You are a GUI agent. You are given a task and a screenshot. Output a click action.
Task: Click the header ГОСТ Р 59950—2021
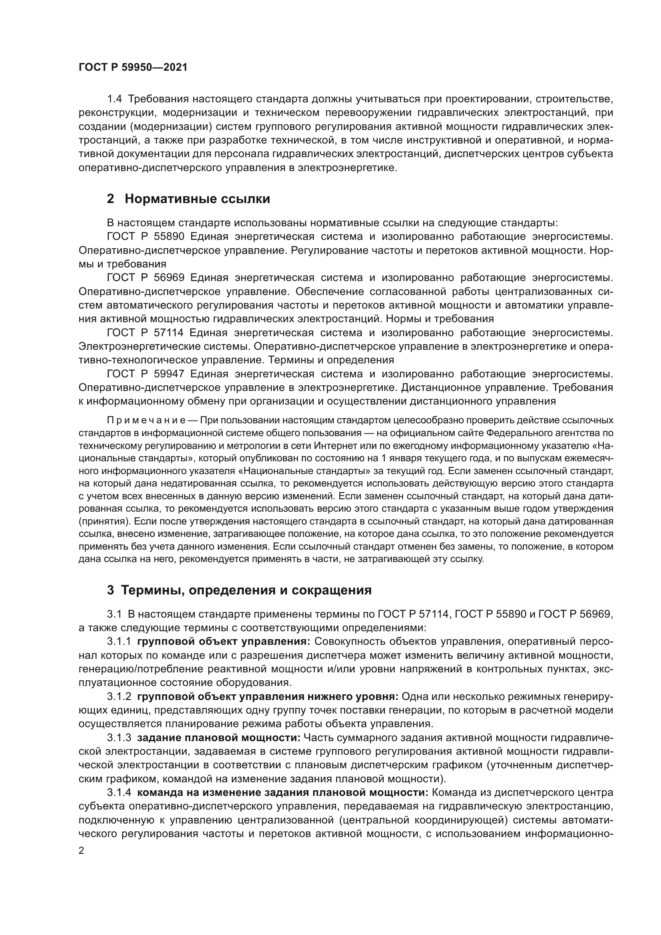click(x=133, y=68)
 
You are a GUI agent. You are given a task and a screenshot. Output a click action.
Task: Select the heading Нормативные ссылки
click(x=197, y=199)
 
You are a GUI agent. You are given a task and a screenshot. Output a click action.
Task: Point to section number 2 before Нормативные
click(x=110, y=199)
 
